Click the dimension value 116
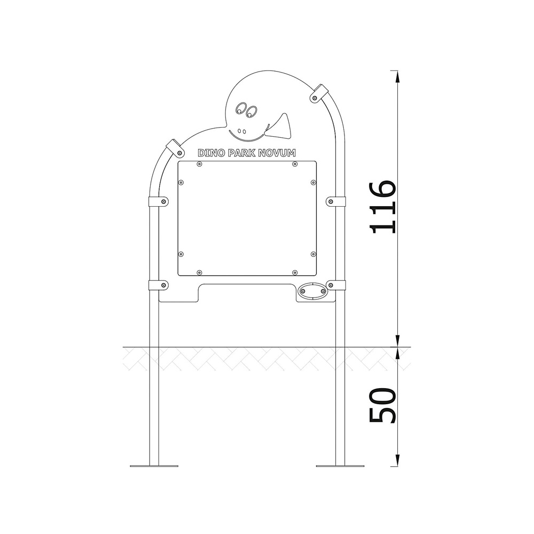[382, 207]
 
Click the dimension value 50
[382, 405]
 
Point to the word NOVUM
[277, 153]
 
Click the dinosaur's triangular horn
[280, 127]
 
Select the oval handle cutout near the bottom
[312, 292]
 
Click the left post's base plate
[154, 466]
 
